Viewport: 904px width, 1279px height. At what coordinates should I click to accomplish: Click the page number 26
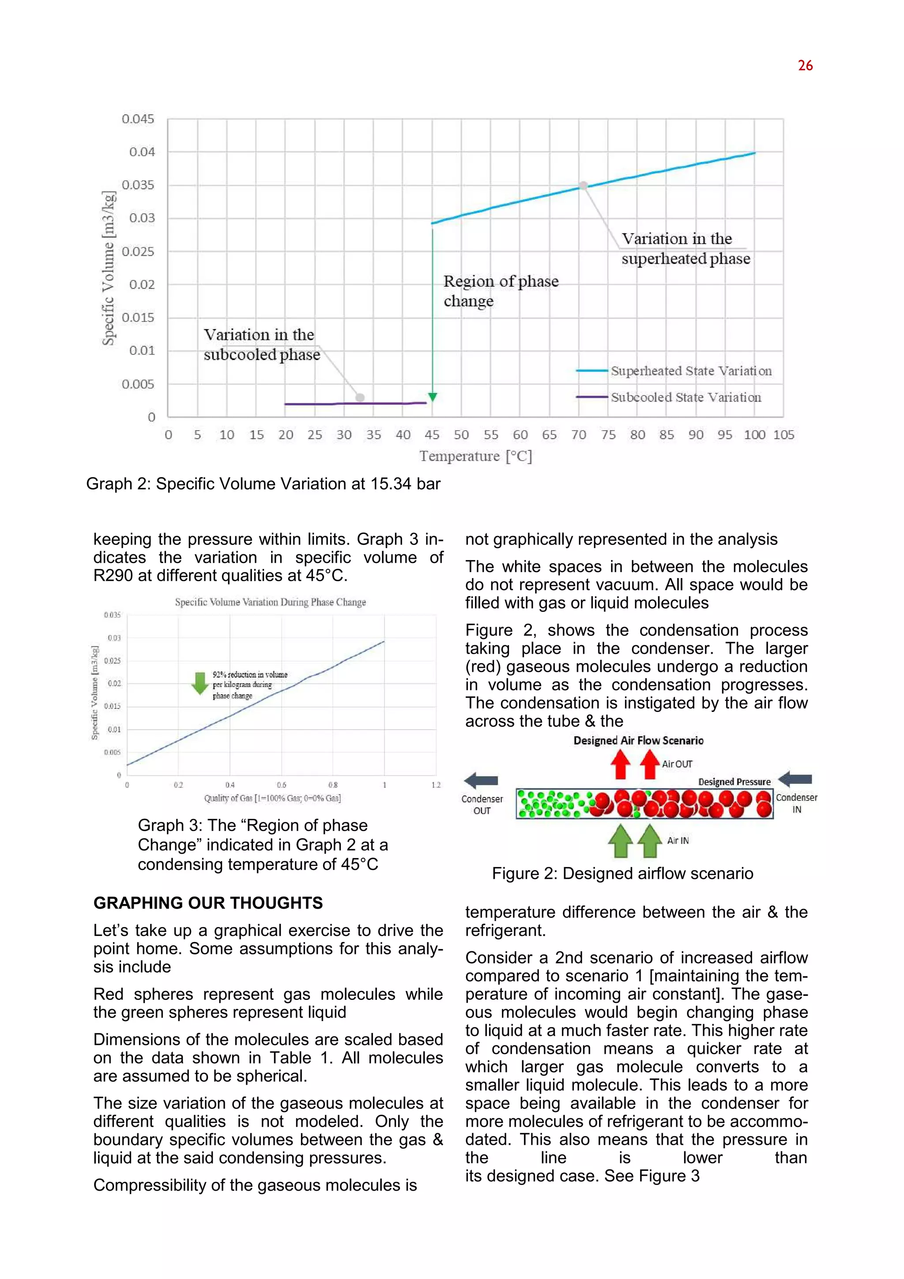point(805,66)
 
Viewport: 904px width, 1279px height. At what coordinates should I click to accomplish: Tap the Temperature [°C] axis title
point(475,456)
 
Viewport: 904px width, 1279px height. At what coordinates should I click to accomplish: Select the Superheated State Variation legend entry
point(690,371)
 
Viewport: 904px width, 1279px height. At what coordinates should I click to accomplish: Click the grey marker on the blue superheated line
point(583,185)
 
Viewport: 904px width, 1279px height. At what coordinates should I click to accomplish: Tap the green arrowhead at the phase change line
point(433,397)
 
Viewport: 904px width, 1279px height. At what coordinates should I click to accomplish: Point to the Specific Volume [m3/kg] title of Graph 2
point(109,268)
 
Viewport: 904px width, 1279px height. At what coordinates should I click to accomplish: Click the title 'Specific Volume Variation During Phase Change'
point(270,602)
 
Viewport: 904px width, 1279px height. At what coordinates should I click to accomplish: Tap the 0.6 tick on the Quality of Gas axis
point(281,785)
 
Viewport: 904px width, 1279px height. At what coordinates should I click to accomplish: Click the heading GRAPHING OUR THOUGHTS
point(207,903)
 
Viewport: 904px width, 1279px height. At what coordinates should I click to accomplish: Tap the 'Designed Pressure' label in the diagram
point(734,782)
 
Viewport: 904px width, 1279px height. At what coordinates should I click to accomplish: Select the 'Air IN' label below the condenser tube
point(678,840)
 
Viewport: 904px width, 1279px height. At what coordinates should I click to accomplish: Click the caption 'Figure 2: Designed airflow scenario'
point(622,874)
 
